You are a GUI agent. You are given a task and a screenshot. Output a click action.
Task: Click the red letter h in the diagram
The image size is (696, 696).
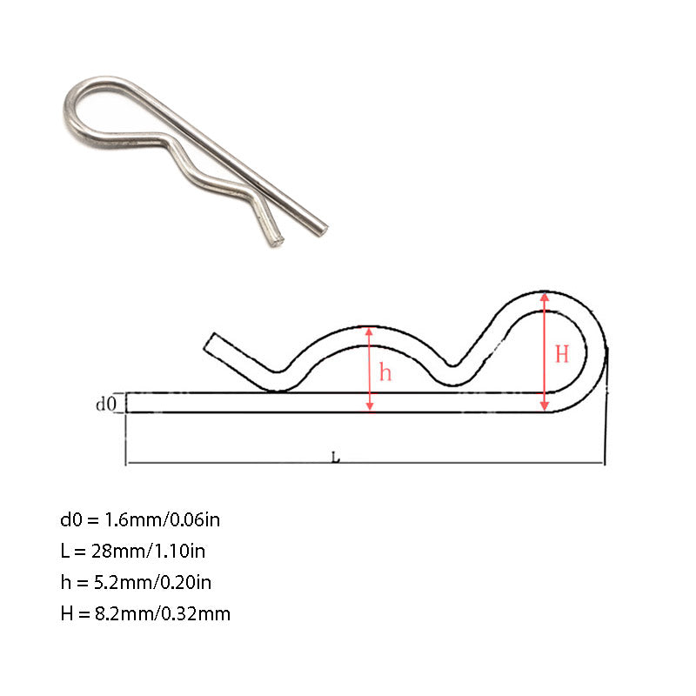click(x=385, y=372)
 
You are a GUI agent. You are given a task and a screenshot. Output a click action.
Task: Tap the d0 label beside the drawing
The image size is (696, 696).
click(x=105, y=404)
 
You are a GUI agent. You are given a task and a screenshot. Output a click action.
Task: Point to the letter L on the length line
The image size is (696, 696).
click(x=337, y=457)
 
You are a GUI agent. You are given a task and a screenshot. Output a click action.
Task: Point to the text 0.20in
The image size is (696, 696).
click(x=184, y=582)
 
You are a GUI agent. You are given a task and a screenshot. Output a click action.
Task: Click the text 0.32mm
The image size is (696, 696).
click(x=197, y=613)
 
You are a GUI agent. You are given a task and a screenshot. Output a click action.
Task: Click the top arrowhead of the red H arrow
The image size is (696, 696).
click(x=545, y=297)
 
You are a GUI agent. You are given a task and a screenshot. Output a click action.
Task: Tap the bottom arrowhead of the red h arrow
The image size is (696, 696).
click(x=371, y=406)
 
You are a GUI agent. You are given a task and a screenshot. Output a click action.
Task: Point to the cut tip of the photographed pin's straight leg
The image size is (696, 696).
click(x=321, y=230)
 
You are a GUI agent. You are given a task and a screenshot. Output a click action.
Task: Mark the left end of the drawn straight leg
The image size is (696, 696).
click(x=129, y=403)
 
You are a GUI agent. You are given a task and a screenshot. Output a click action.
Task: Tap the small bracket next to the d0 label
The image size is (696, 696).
click(x=127, y=403)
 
